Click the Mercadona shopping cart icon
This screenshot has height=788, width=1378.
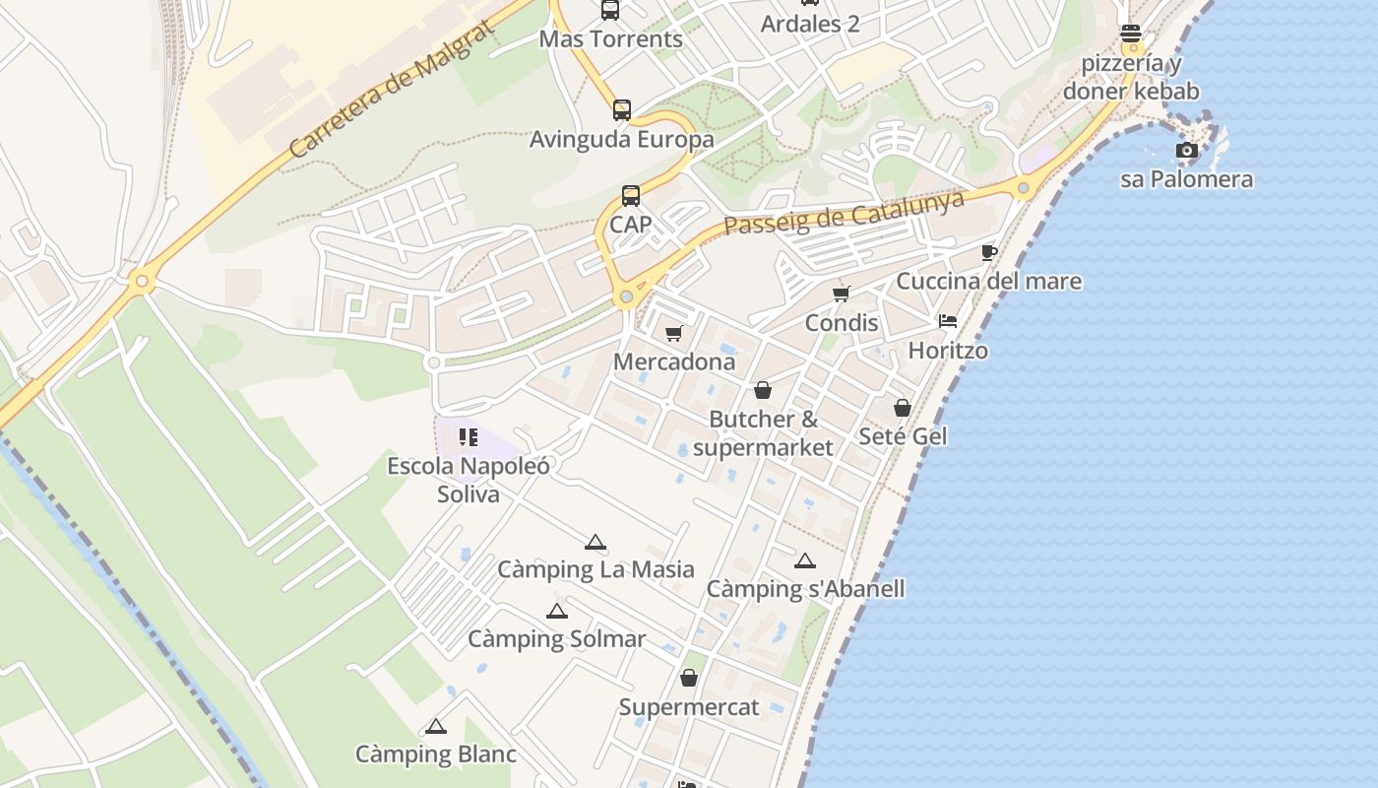(674, 334)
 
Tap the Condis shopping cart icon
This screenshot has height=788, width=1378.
(842, 294)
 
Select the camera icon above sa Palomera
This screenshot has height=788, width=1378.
(1187, 151)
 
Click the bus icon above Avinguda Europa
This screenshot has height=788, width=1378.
(622, 110)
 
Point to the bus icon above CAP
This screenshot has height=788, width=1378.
(631, 196)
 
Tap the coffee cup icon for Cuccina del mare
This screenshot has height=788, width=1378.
(989, 253)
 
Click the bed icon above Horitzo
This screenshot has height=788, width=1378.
(948, 321)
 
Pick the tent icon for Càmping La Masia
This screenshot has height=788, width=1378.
(595, 542)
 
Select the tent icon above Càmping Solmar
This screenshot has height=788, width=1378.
(557, 611)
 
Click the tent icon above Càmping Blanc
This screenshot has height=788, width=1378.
(436, 727)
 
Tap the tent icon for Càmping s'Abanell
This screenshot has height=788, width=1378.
(805, 561)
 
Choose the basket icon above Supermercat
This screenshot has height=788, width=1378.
(689, 678)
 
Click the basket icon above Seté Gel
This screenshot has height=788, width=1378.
(903, 407)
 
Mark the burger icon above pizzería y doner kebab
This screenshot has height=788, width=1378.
(1131, 34)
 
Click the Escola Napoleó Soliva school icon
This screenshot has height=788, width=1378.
(469, 436)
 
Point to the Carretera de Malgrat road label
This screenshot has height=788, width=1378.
(393, 90)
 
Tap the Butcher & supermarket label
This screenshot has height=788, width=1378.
(763, 433)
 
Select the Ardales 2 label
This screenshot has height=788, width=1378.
(810, 24)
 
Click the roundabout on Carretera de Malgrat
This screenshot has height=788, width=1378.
(143, 283)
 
